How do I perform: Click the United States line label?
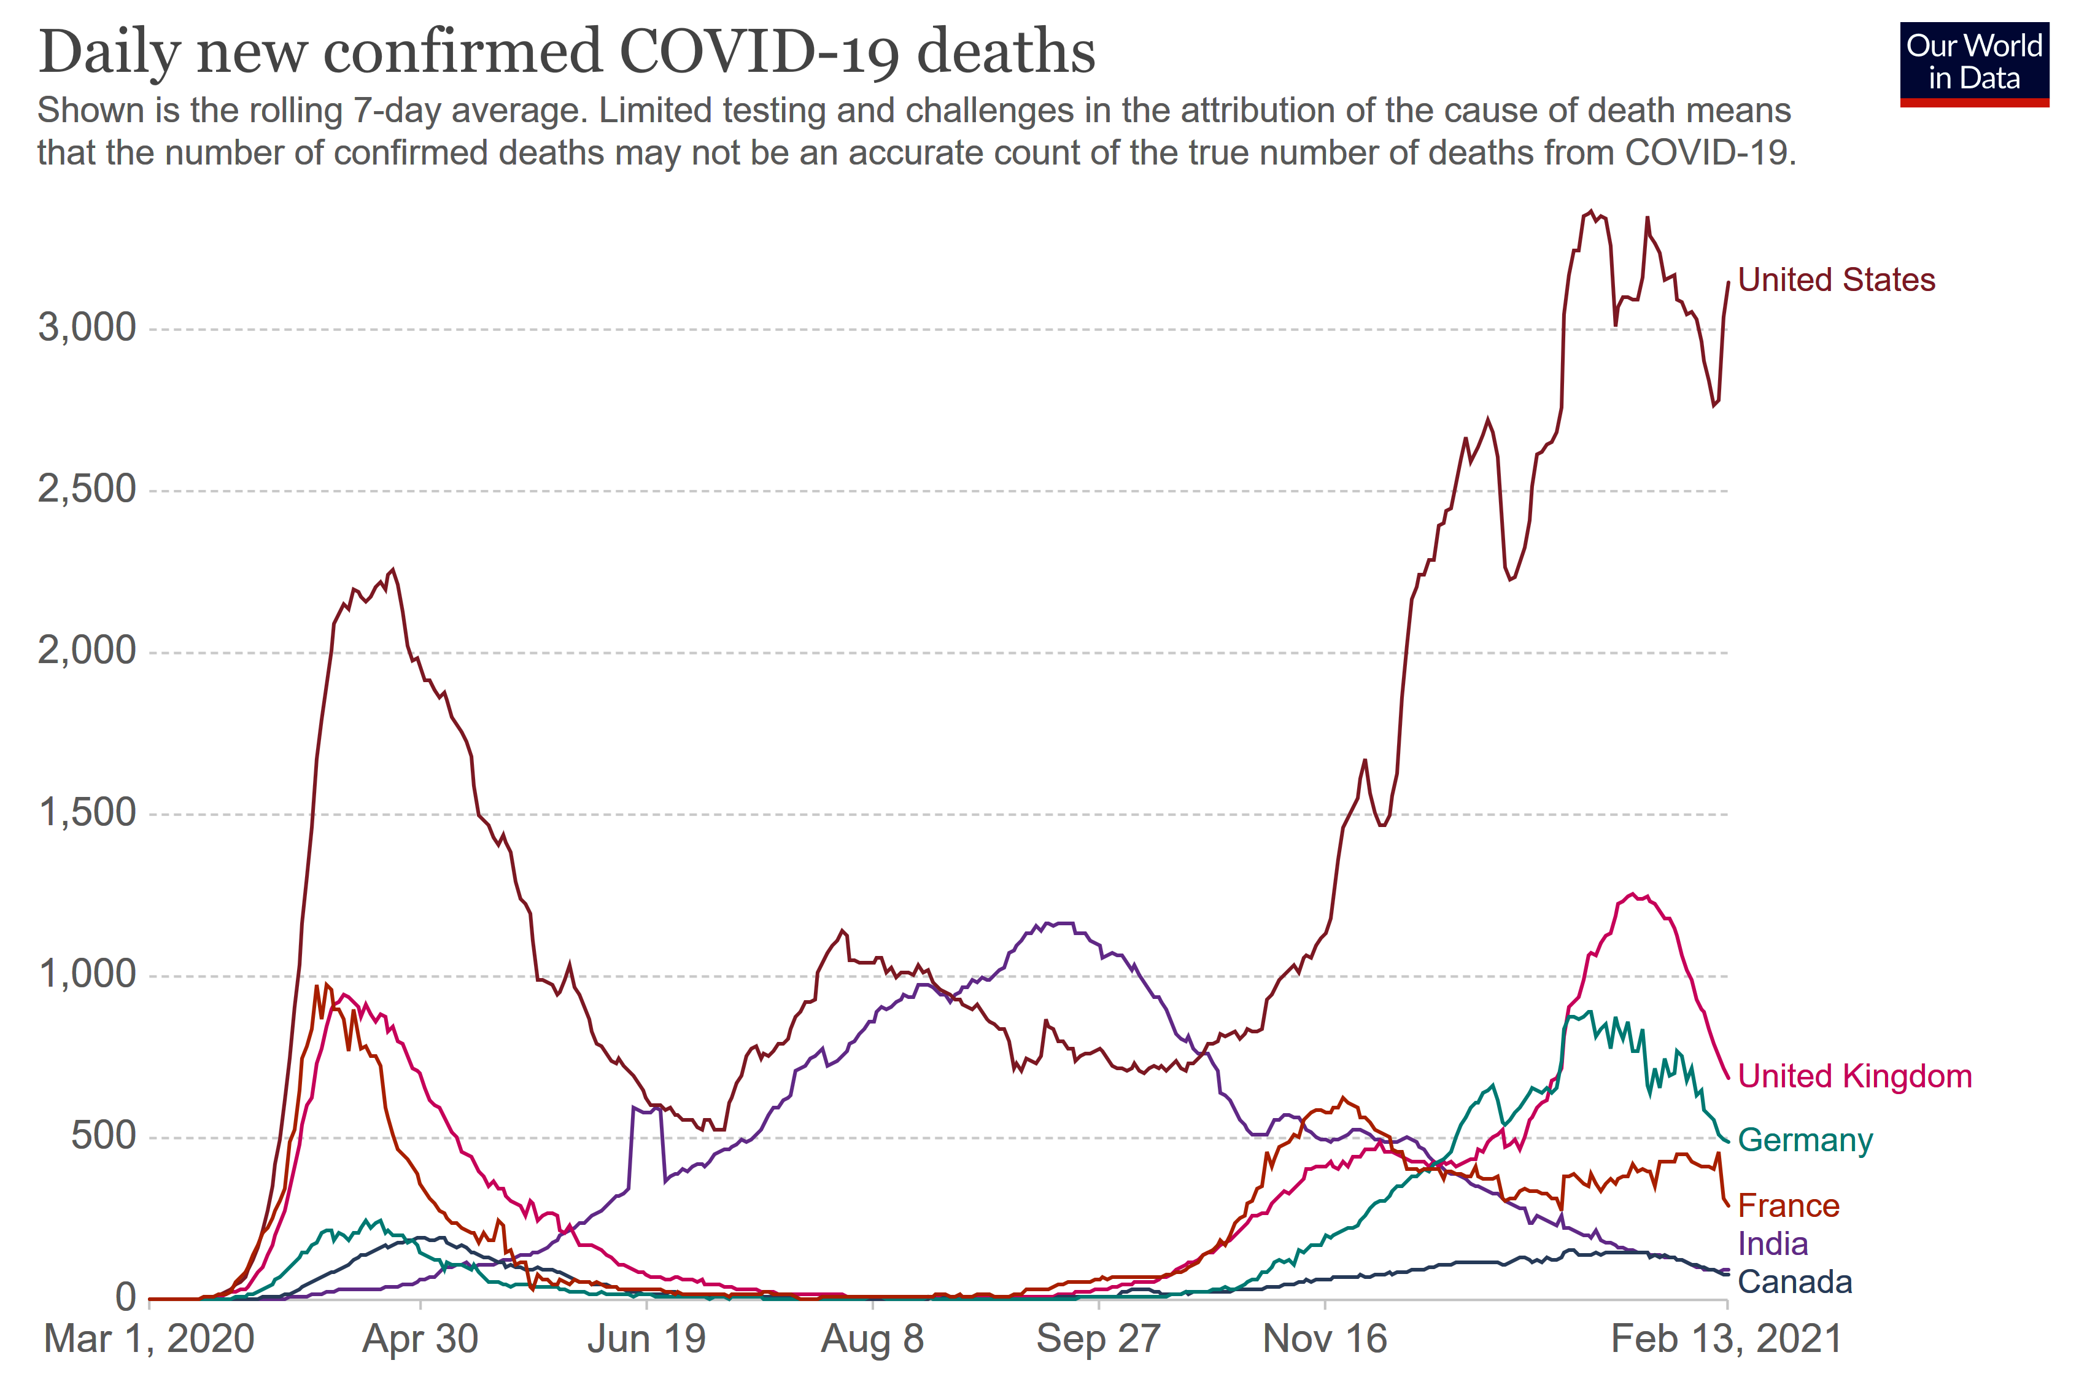click(x=1835, y=280)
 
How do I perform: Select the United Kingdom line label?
click(x=1854, y=1076)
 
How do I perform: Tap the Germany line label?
click(x=1805, y=1140)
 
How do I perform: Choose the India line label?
click(x=1772, y=1243)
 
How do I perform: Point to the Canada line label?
click(x=1794, y=1282)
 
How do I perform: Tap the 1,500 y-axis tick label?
click(x=87, y=813)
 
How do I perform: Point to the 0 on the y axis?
click(x=126, y=1297)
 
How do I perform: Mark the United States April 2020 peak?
click(x=392, y=570)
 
